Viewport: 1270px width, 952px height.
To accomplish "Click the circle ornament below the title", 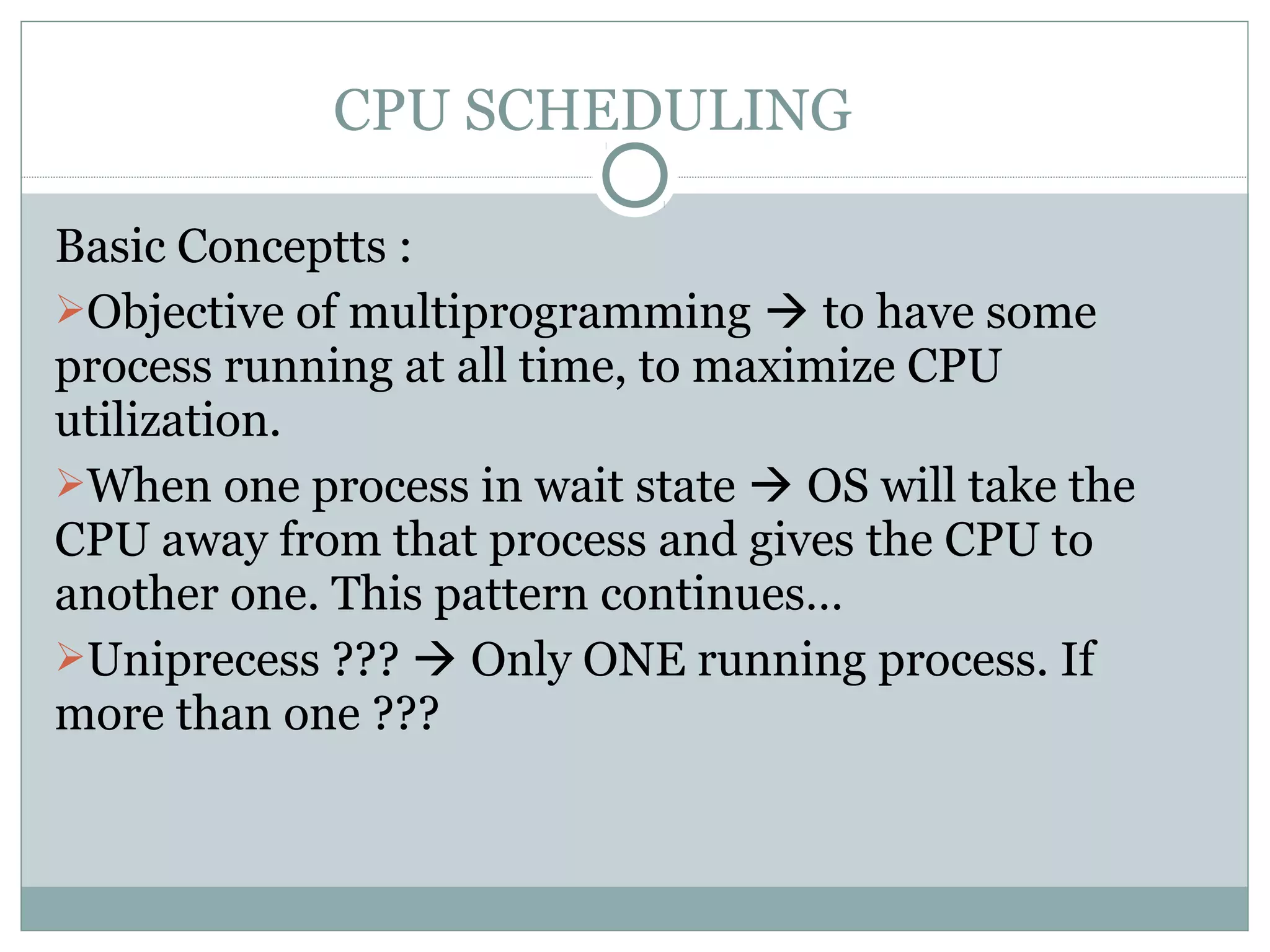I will tap(634, 175).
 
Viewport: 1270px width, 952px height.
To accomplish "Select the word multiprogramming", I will tap(549, 313).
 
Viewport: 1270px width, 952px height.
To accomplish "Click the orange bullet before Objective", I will tap(69, 309).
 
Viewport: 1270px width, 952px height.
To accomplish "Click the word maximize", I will tap(794, 366).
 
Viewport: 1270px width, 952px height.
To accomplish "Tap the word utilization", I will tap(167, 420).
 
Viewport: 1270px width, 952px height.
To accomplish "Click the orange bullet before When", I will tap(69, 483).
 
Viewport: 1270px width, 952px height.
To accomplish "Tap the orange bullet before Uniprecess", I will tap(69, 656).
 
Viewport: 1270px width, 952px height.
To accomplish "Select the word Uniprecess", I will tap(204, 660).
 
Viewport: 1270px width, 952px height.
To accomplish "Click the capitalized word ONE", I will tap(634, 660).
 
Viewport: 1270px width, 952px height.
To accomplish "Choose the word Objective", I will tap(185, 313).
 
